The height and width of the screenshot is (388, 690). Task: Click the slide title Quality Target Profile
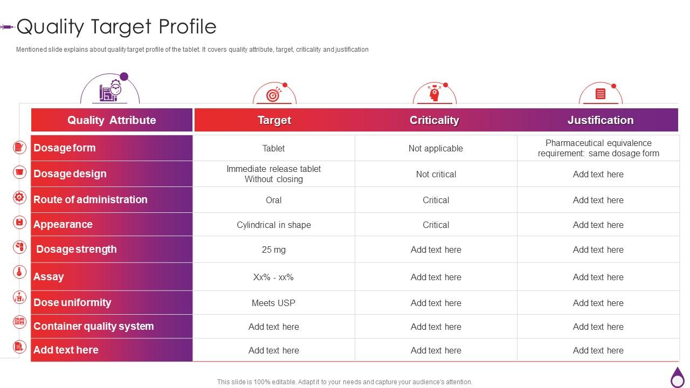tap(116, 26)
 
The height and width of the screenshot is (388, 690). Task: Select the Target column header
tap(274, 120)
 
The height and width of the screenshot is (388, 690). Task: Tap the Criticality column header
tap(434, 120)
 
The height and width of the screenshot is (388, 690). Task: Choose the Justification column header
tap(600, 120)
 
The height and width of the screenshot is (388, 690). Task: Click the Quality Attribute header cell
tap(112, 120)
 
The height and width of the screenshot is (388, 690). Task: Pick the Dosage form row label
tap(65, 148)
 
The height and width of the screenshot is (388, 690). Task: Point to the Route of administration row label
tap(91, 199)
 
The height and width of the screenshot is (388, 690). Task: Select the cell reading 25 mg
tap(274, 250)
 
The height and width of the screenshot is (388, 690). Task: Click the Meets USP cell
tap(274, 303)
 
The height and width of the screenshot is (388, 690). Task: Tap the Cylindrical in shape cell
tap(274, 225)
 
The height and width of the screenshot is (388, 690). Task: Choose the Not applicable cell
tap(436, 148)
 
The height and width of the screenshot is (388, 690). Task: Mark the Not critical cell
tap(436, 174)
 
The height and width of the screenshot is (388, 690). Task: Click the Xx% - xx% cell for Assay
tap(274, 277)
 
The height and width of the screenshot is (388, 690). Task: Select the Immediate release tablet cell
tap(274, 174)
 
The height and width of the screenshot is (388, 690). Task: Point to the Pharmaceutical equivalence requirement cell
tap(598, 148)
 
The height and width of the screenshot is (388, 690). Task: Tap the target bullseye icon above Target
tap(274, 95)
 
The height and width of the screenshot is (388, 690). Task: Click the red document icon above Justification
tap(600, 94)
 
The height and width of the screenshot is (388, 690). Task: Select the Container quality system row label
tap(94, 326)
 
